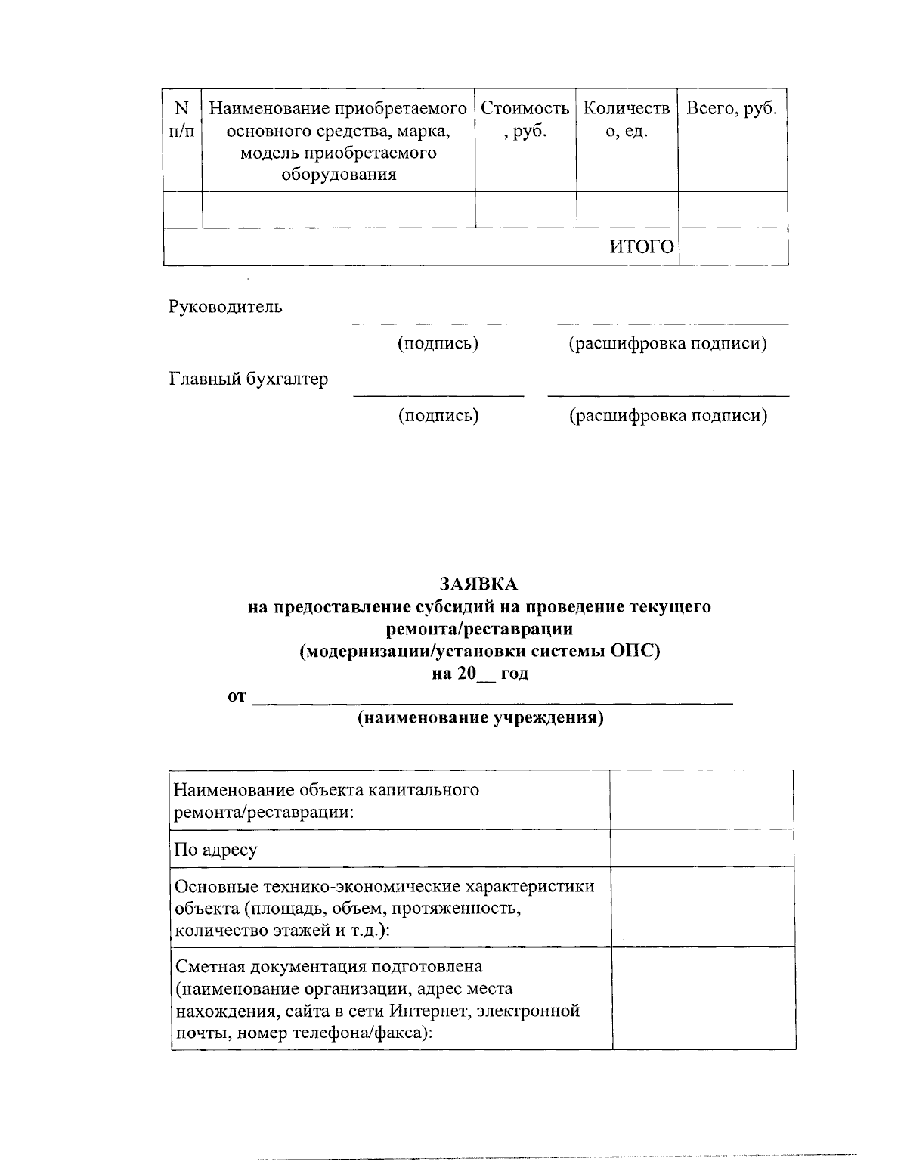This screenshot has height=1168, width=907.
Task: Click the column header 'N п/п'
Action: pos(181,119)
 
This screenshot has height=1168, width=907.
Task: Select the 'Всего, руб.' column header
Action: pos(731,109)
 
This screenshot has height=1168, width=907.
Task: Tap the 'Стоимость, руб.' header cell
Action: pos(525,119)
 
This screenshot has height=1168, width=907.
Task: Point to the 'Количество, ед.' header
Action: pos(627,119)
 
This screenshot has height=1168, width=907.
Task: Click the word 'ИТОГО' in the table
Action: pos(642,247)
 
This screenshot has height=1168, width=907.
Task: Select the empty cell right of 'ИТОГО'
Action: pos(732,247)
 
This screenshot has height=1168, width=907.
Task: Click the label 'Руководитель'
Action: pos(225,307)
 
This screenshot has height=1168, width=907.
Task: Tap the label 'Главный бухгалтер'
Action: pos(248,379)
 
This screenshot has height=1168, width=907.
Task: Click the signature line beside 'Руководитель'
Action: pos(438,323)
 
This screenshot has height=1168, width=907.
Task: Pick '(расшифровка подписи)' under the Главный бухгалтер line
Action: pos(668,415)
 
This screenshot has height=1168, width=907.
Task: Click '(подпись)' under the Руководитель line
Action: pos(438,343)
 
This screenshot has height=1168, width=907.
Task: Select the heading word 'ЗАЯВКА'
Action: pos(479,584)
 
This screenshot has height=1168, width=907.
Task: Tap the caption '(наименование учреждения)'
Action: pos(481,718)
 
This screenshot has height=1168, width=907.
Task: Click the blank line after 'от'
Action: pos(491,703)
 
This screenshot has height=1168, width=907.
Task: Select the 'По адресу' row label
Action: pos(215,849)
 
